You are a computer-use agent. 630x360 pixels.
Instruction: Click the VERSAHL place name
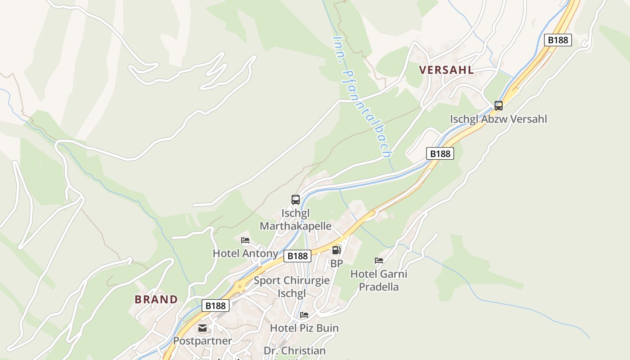pyautogui.click(x=446, y=70)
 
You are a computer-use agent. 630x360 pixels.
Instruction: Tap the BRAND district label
pyautogui.click(x=156, y=299)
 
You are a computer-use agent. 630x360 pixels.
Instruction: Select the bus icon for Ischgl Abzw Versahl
pyautogui.click(x=499, y=106)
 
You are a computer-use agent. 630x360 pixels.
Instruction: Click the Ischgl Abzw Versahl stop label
pyautogui.click(x=499, y=119)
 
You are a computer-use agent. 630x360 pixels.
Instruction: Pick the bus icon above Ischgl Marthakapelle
pyautogui.click(x=296, y=199)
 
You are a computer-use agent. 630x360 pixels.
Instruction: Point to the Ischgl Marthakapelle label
pyautogui.click(x=296, y=219)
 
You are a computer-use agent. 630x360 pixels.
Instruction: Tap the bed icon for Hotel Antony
pyautogui.click(x=245, y=240)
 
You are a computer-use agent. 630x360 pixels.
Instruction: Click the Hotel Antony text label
pyautogui.click(x=245, y=253)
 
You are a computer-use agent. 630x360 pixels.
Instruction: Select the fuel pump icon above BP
pyautogui.click(x=337, y=250)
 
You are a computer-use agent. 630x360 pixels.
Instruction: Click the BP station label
pyautogui.click(x=337, y=264)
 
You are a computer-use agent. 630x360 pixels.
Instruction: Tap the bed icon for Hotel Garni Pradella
pyautogui.click(x=379, y=261)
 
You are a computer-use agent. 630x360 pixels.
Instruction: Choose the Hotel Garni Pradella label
pyautogui.click(x=379, y=280)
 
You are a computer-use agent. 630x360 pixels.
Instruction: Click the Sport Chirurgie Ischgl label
pyautogui.click(x=292, y=287)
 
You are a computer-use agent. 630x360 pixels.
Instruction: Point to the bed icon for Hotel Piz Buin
pyautogui.click(x=304, y=315)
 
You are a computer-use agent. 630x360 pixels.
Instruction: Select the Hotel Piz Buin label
pyautogui.click(x=304, y=328)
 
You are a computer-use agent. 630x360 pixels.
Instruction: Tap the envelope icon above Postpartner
pyautogui.click(x=202, y=328)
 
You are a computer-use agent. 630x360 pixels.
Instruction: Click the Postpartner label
pyautogui.click(x=202, y=341)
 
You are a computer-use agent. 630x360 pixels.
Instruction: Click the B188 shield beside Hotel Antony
pyautogui.click(x=297, y=256)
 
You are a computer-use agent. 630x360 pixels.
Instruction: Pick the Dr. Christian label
pyautogui.click(x=294, y=351)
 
